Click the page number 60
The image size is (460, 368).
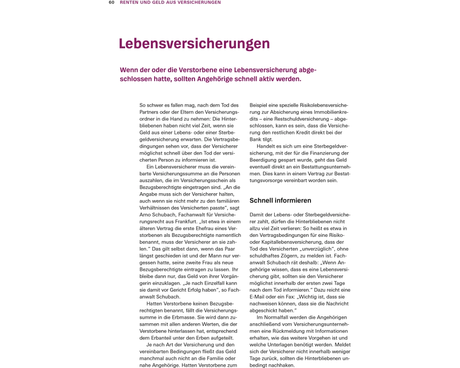pyautogui.click(x=111, y=2)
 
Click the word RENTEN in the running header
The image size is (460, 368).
pyautogui.click(x=129, y=2)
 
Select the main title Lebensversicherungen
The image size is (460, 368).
pyautogui.click(x=194, y=44)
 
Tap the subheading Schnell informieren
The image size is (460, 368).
pyautogui.click(x=280, y=201)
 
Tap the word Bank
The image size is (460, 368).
pyautogui.click(x=256, y=139)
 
